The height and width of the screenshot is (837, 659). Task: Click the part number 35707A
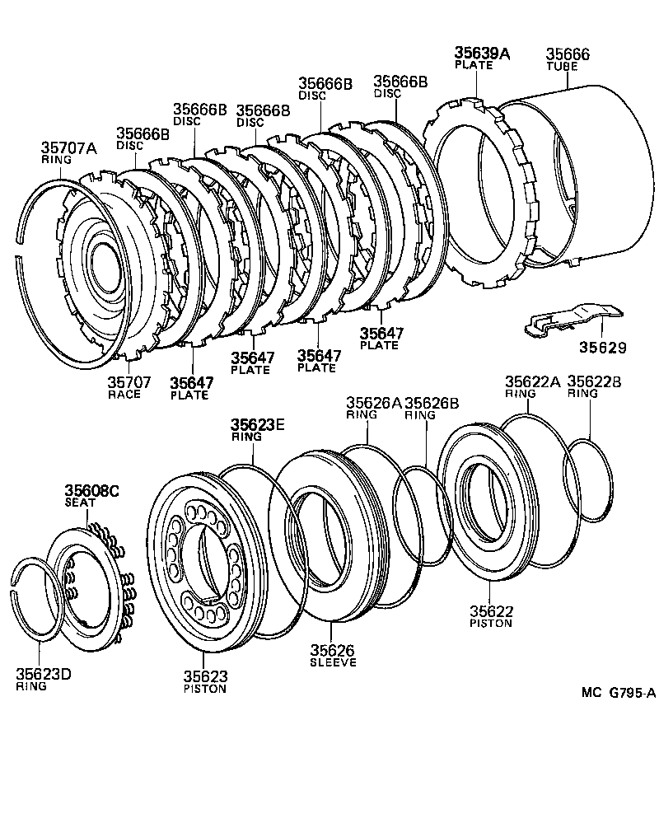click(69, 148)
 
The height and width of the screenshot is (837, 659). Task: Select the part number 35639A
click(482, 54)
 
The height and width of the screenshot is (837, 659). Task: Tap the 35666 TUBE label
click(568, 59)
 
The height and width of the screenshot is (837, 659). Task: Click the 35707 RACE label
click(124, 387)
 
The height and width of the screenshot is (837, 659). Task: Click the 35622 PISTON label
click(492, 616)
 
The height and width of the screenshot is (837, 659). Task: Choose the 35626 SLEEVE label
click(333, 656)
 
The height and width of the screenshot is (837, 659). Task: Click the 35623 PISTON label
click(205, 681)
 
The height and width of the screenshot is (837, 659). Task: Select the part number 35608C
click(92, 491)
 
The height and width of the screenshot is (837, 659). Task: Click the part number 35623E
click(257, 424)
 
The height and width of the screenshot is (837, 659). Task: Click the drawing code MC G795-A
click(618, 694)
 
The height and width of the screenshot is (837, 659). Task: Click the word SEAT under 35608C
click(80, 503)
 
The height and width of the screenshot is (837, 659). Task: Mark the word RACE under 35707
click(124, 395)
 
